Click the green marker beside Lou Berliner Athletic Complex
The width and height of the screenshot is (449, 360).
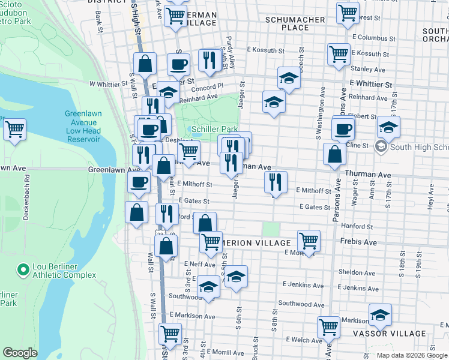[x=23, y=270]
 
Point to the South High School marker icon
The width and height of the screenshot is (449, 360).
[x=381, y=146]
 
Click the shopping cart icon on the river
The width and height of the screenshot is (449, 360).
[x=14, y=128]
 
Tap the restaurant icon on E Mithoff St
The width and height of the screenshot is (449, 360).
[x=276, y=182]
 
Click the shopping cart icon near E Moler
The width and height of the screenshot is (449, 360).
[x=309, y=241]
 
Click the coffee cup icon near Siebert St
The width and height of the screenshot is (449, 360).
[x=343, y=128]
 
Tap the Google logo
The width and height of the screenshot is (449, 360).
[x=20, y=353]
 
